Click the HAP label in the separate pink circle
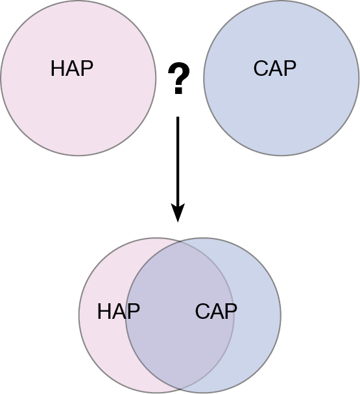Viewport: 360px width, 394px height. (72, 68)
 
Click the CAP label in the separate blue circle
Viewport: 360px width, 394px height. (275, 68)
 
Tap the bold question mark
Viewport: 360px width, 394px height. (178, 78)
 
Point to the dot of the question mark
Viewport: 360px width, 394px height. (178, 91)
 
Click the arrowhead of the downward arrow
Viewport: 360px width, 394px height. (178, 213)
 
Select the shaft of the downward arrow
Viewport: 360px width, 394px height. (178, 160)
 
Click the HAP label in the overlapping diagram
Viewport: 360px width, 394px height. (119, 311)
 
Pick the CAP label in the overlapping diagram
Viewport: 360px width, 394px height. (216, 311)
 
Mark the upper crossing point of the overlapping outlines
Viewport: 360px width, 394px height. (180, 241)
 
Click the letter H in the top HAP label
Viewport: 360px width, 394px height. (57, 68)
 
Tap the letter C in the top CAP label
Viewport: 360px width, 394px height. (261, 68)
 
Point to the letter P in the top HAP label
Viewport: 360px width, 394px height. (87, 68)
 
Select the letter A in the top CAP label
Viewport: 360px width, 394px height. (275, 68)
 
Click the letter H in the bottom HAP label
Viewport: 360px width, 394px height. (104, 311)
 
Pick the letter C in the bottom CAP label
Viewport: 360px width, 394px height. (202, 311)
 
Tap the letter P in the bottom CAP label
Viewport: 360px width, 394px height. (231, 311)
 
